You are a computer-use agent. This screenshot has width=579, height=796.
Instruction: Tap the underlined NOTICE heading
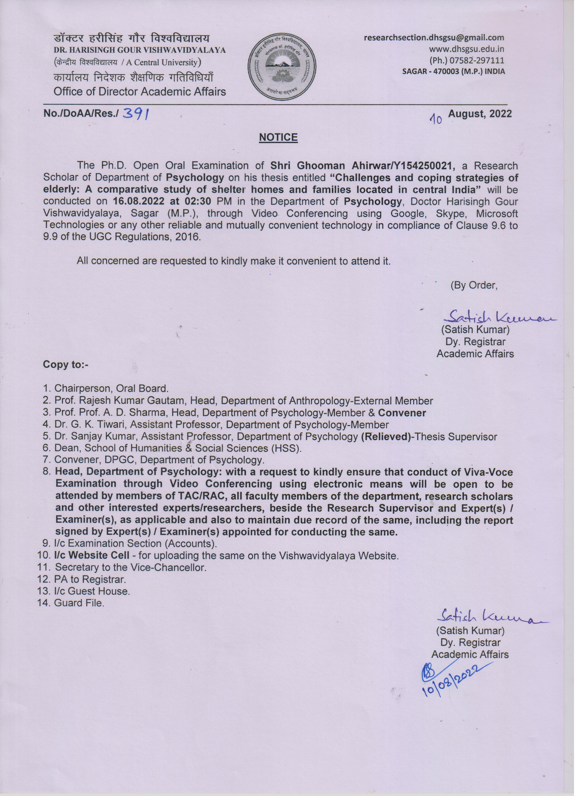tap(278, 137)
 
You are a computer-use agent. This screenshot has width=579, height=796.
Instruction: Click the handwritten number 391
tap(135, 114)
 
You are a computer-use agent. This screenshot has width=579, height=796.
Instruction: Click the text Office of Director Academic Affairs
tap(140, 92)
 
